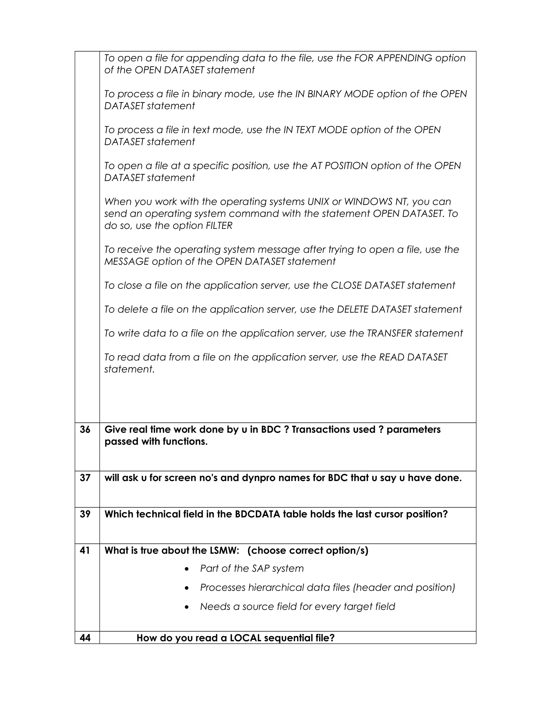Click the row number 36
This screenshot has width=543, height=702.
point(85,429)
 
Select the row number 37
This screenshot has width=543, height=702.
point(85,478)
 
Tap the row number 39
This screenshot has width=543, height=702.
point(85,514)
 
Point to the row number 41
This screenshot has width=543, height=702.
point(85,550)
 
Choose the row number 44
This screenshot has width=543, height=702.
point(85,638)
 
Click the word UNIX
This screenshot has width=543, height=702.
point(318,202)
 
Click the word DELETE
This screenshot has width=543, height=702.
point(352,309)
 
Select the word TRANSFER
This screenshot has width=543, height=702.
point(389,333)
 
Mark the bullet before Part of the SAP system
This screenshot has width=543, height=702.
point(187,569)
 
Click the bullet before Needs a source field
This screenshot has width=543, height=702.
point(187,607)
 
